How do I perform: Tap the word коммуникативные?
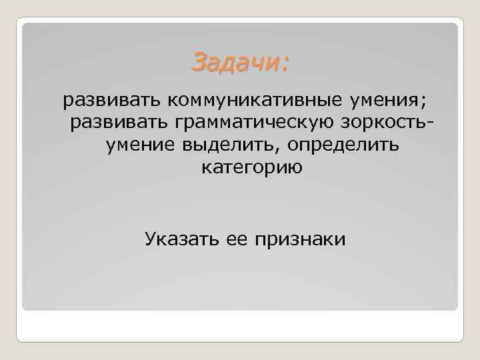pos(254,101)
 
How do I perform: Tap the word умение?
pos(136,145)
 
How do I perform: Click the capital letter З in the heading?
pos(198,63)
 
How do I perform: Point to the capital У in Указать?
pos(150,238)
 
